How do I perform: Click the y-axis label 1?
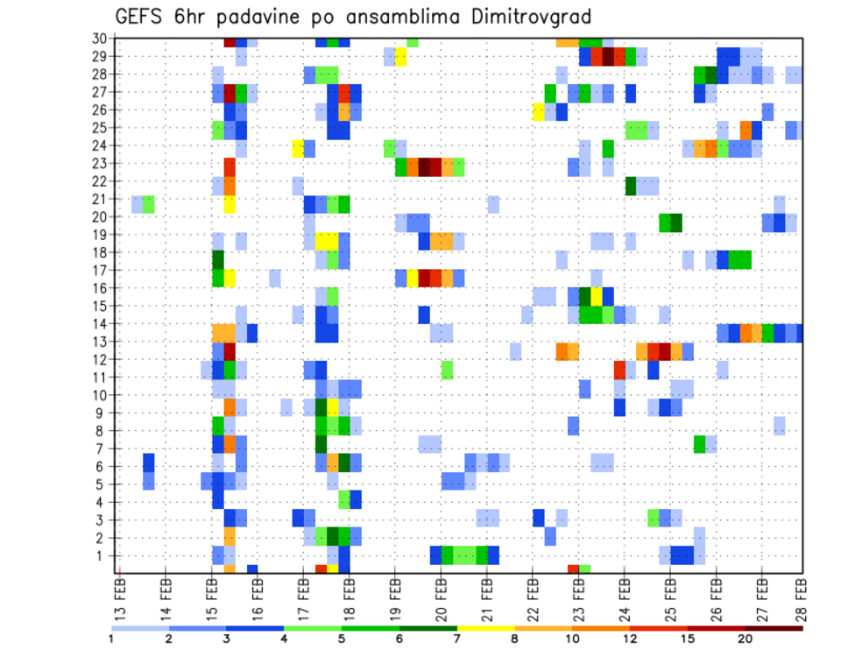[x=102, y=555]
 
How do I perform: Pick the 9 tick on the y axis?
[x=102, y=413]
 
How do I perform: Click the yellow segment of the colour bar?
[x=485, y=627]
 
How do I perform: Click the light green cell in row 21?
[x=149, y=204]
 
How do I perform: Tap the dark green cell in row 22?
[x=630, y=186]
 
